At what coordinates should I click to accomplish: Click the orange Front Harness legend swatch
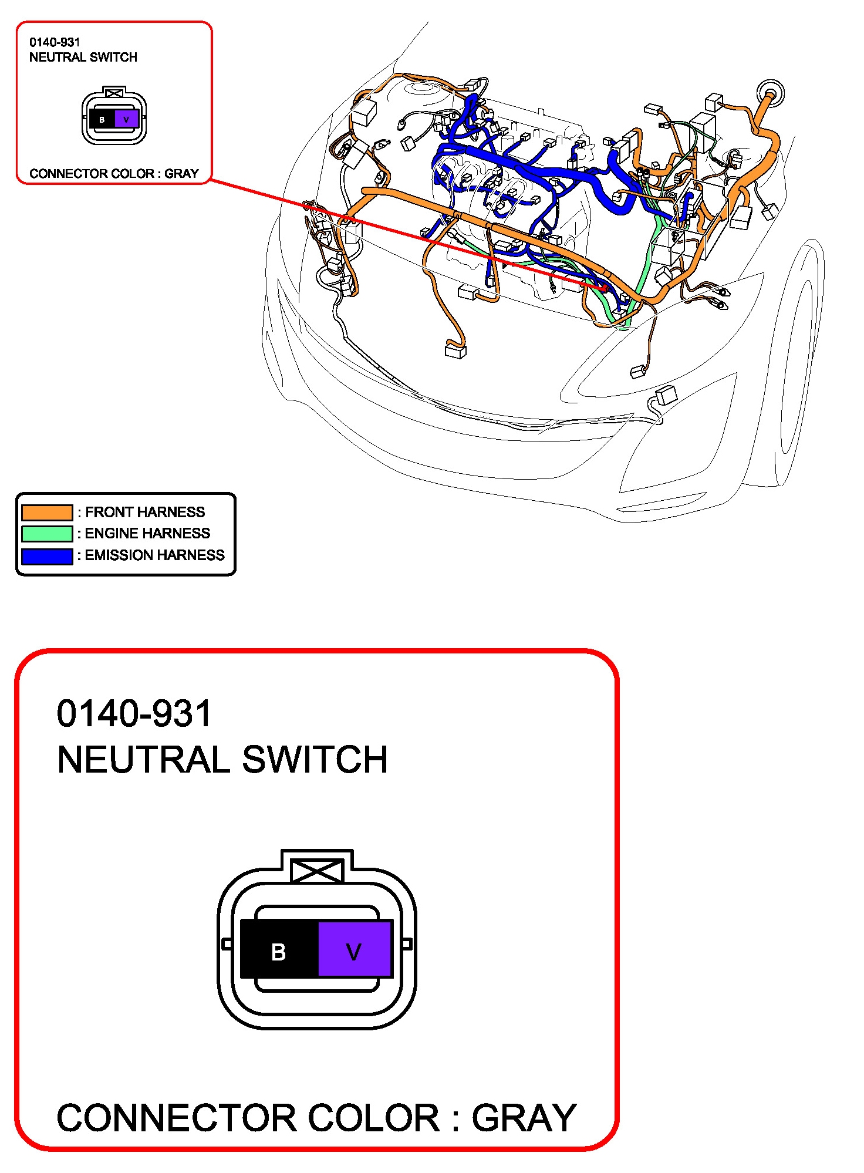[x=47, y=512]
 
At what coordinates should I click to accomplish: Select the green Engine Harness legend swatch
[x=47, y=533]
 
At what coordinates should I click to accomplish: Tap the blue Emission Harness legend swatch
[x=47, y=555]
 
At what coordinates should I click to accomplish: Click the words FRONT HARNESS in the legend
[x=145, y=512]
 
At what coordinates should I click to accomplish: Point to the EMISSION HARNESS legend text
[x=154, y=555]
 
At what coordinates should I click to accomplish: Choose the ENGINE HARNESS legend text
[x=147, y=533]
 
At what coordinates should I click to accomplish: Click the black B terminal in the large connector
[x=279, y=952]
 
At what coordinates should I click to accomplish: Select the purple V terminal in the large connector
[x=355, y=952]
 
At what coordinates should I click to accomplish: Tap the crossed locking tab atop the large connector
[x=317, y=870]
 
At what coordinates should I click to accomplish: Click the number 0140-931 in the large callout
[x=134, y=713]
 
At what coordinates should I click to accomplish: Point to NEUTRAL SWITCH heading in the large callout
[x=222, y=760]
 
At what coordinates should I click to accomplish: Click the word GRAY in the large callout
[x=524, y=1118]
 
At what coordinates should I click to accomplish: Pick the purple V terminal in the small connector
[x=126, y=119]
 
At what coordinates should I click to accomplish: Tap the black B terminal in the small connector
[x=102, y=119]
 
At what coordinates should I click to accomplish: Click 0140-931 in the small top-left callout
[x=55, y=42]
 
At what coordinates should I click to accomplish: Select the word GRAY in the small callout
[x=181, y=174]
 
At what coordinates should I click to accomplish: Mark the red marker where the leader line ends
[x=603, y=288]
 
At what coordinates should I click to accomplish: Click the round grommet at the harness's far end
[x=770, y=93]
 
